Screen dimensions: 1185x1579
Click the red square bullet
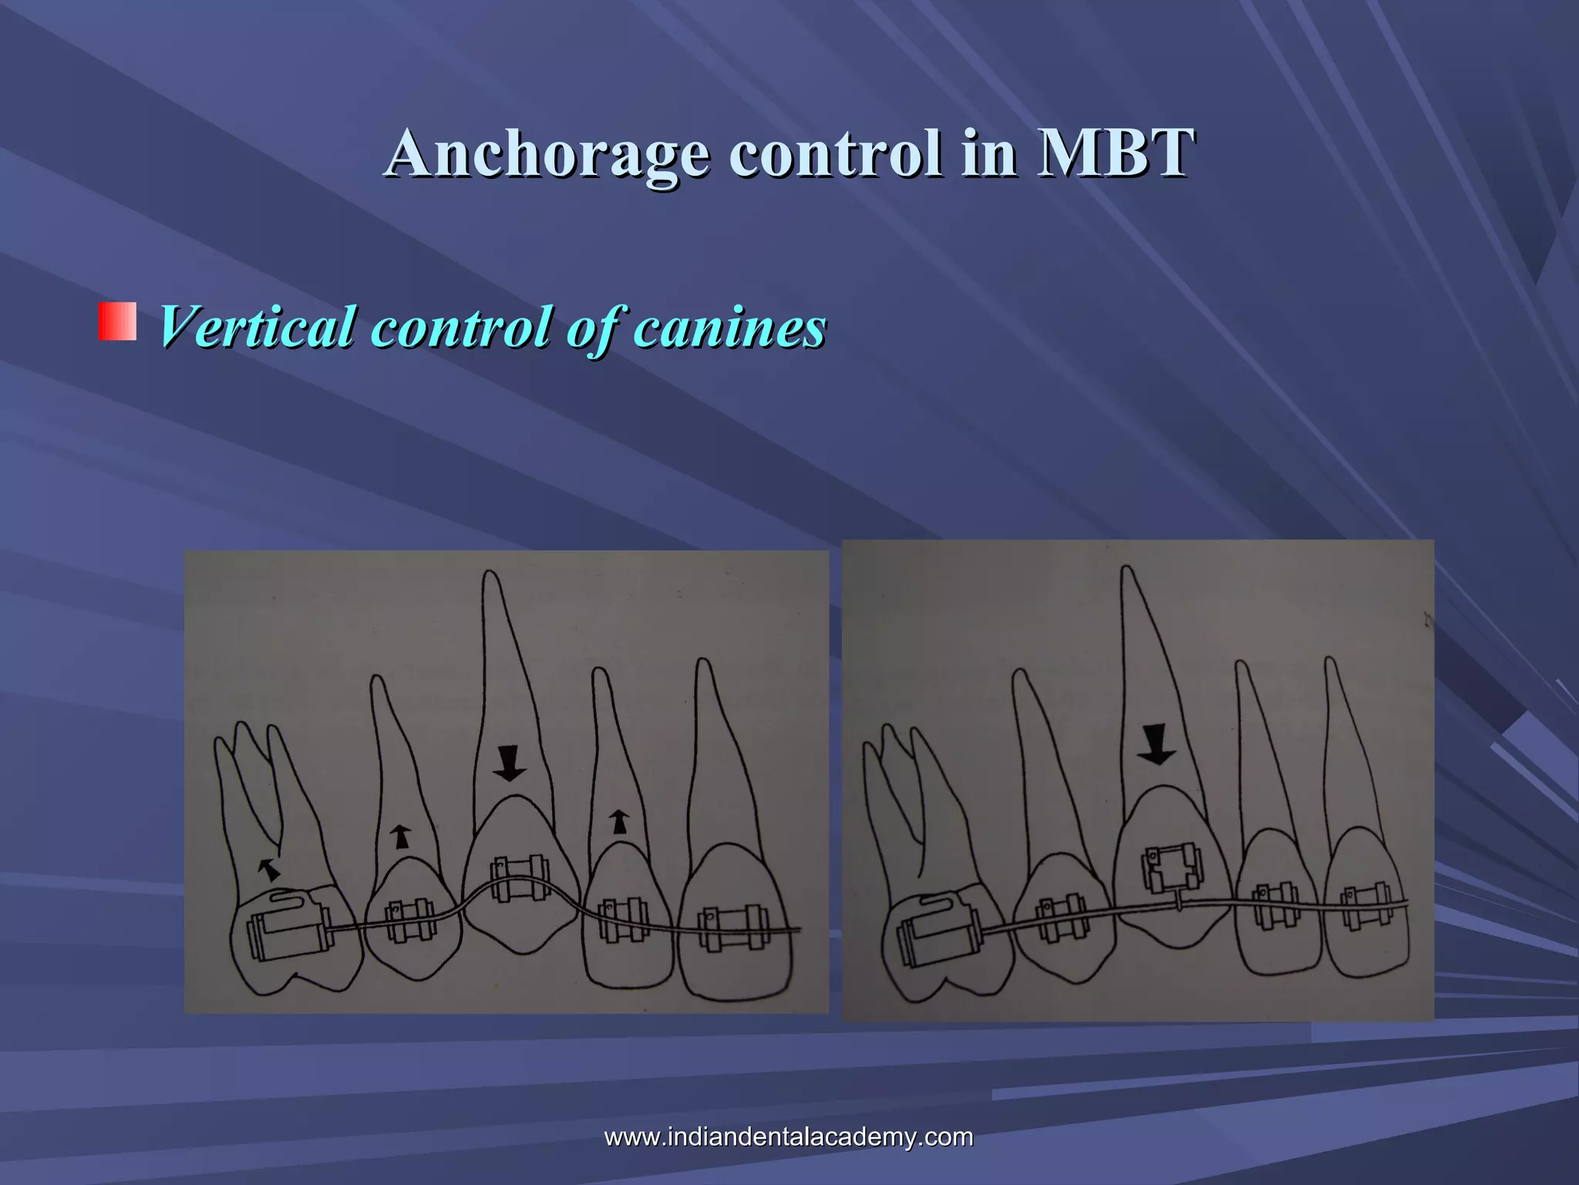[x=117, y=322]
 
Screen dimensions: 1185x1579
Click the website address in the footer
[x=789, y=1136]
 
